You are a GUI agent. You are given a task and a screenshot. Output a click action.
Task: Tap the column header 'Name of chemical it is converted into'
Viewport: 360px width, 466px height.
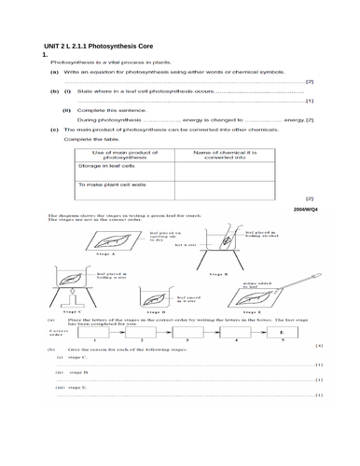pos(220,152)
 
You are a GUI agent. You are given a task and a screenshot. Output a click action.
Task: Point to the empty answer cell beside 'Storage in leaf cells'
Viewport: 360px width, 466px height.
pos(221,169)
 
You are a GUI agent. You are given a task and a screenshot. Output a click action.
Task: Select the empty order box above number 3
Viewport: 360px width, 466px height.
pos(189,332)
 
